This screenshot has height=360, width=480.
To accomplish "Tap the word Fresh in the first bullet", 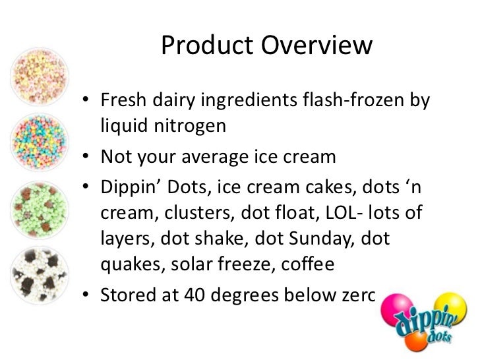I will pyautogui.click(x=121, y=103).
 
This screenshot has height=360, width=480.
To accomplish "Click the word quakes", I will pyautogui.click(x=132, y=264).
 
